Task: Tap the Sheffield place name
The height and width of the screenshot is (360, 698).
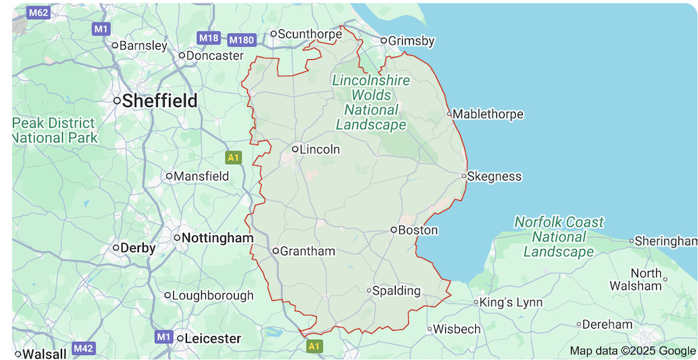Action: pyautogui.click(x=159, y=100)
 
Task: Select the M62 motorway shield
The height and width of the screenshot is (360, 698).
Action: pyautogui.click(x=38, y=13)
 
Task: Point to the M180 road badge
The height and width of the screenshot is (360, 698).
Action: pyautogui.click(x=242, y=40)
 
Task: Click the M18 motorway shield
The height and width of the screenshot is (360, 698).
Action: pyautogui.click(x=209, y=37)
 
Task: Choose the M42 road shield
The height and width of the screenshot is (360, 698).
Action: pyautogui.click(x=83, y=348)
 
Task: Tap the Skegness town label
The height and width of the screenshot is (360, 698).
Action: pyautogui.click(x=494, y=177)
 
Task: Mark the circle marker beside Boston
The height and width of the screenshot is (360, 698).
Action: pyautogui.click(x=394, y=230)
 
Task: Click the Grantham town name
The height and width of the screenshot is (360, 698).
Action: pyautogui.click(x=308, y=251)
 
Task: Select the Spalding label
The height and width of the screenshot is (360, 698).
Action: pyautogui.click(x=396, y=291)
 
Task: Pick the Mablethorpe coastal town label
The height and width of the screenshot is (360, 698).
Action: pyautogui.click(x=488, y=114)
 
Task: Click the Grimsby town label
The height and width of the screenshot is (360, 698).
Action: pyautogui.click(x=411, y=41)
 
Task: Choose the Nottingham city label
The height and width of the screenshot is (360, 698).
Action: pyautogui.click(x=217, y=238)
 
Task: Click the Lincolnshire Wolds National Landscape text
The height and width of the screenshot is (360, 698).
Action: pyautogui.click(x=371, y=103)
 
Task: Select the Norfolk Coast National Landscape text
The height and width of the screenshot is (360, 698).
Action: pyautogui.click(x=558, y=237)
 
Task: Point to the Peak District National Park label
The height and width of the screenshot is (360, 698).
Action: pyautogui.click(x=55, y=130)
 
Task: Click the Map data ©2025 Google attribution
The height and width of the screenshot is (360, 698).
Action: pyautogui.click(x=632, y=351)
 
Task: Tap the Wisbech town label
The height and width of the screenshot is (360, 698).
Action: pyautogui.click(x=457, y=329)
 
